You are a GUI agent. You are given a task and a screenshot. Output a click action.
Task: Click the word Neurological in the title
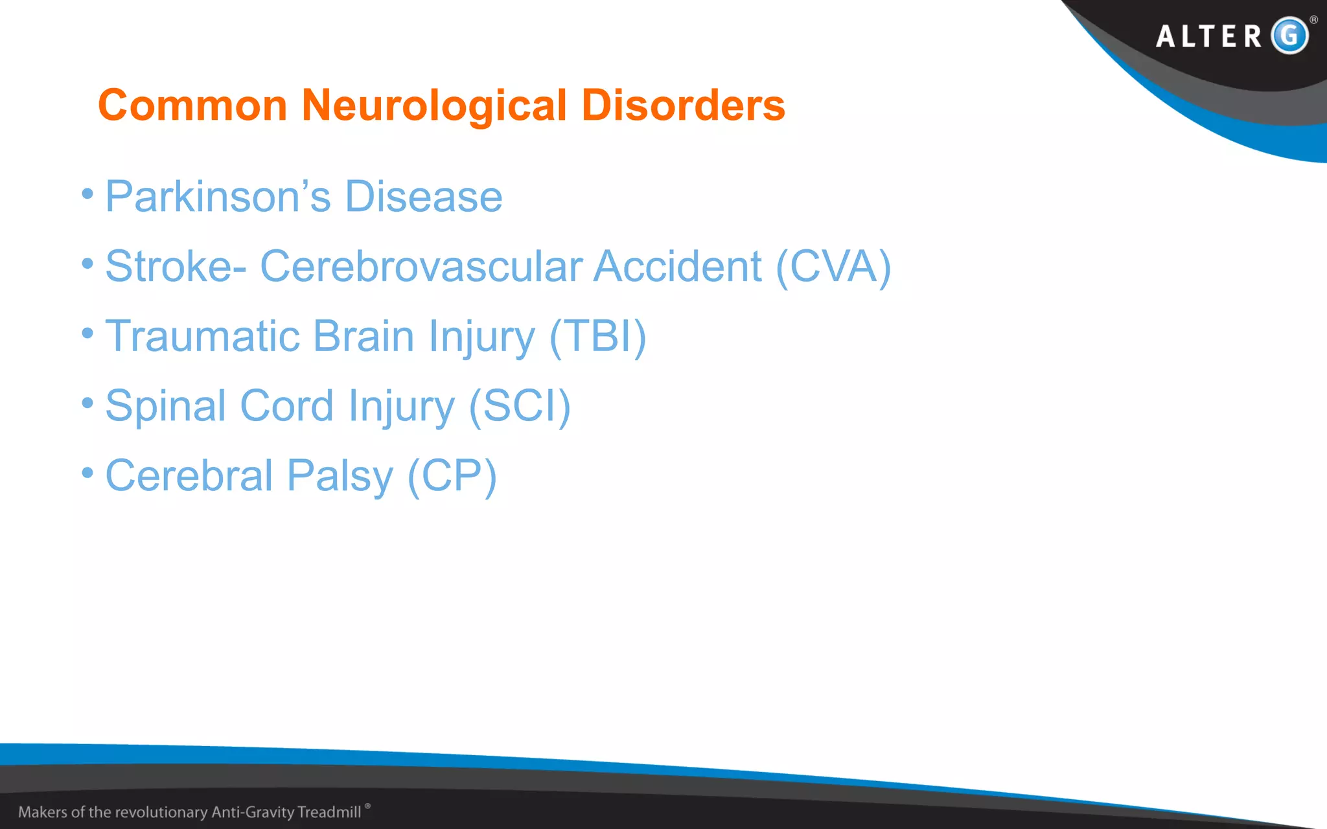tap(434, 106)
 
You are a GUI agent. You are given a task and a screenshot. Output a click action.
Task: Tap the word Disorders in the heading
tap(683, 106)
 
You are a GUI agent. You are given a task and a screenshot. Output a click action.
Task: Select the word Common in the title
tap(192, 106)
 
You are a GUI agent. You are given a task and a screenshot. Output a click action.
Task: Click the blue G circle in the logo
tap(1289, 36)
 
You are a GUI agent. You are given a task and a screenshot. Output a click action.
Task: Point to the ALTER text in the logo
tap(1209, 36)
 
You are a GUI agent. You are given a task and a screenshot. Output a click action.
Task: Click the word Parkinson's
tap(218, 197)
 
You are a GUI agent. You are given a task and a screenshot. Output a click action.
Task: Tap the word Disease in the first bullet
tap(424, 197)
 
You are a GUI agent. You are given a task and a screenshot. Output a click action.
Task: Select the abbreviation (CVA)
tap(833, 267)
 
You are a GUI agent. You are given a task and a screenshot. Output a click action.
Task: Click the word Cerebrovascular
tap(421, 267)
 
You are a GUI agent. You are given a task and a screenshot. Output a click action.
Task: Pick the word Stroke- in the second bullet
tap(176, 267)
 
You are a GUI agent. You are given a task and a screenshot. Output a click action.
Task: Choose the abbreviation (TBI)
tap(597, 337)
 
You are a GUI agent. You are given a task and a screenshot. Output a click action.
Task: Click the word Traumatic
tap(203, 337)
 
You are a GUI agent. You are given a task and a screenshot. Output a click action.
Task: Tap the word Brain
tap(363, 337)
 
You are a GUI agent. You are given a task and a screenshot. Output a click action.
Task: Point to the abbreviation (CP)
tap(452, 477)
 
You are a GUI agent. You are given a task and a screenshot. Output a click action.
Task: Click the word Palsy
tap(340, 477)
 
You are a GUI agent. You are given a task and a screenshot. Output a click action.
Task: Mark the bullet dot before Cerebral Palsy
tap(87, 473)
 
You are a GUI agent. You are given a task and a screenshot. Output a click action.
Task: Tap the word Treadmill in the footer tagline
tap(329, 812)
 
